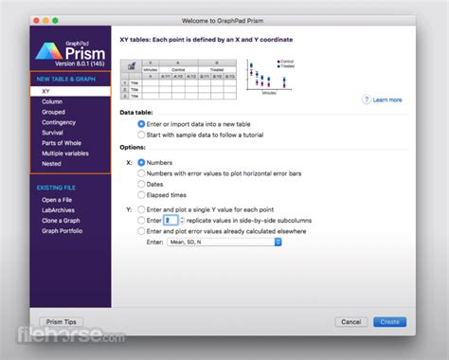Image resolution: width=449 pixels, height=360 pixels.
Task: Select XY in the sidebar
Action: pyautogui.click(x=47, y=91)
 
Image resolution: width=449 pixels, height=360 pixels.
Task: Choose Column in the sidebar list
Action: pyautogui.click(x=52, y=101)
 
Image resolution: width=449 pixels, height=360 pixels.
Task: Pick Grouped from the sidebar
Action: pyautogui.click(x=53, y=112)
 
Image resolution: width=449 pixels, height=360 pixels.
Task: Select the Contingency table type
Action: pyautogui.click(x=59, y=122)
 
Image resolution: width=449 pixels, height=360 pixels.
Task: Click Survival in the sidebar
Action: pyautogui.click(x=53, y=133)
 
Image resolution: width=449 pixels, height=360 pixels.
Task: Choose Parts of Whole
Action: pyautogui.click(x=61, y=143)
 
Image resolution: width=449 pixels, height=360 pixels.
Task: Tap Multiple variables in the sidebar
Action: pyautogui.click(x=65, y=153)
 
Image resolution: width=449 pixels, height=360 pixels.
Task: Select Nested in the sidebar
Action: pyautogui.click(x=51, y=163)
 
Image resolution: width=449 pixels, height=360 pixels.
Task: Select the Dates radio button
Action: pyautogui.click(x=142, y=186)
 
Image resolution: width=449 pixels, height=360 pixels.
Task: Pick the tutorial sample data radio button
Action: pyautogui.click(x=142, y=135)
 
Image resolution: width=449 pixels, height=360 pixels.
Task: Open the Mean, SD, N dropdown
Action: pyautogui.click(x=224, y=242)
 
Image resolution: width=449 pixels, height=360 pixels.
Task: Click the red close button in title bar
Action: pyautogui.click(x=36, y=20)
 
